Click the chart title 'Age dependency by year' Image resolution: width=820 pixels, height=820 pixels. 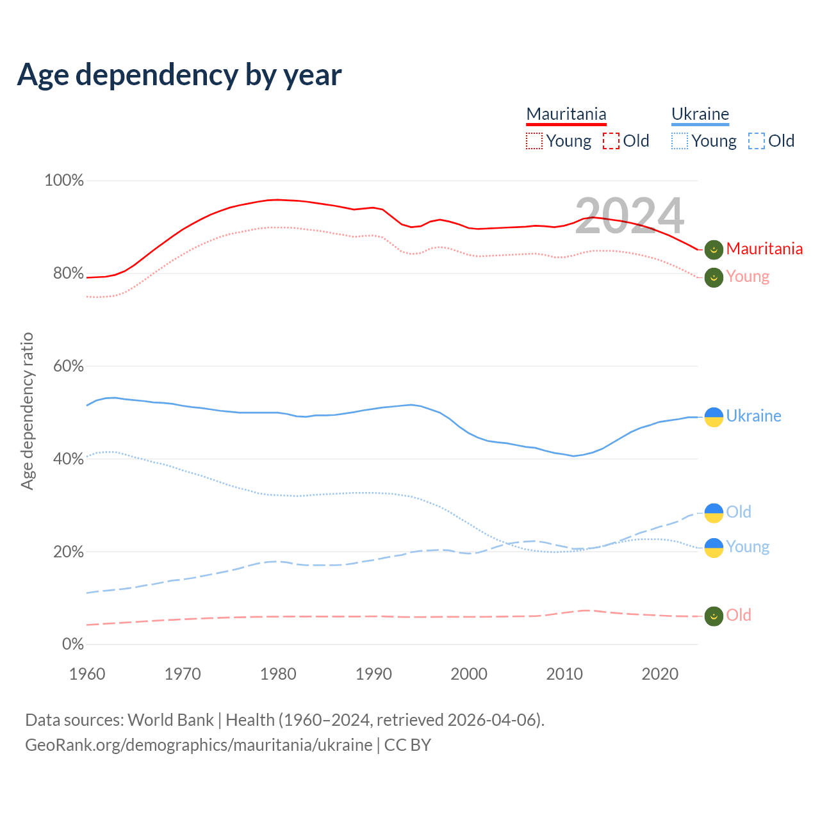(179, 75)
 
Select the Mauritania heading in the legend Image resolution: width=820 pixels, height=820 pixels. (566, 114)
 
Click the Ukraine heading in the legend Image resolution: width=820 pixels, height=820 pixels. (700, 114)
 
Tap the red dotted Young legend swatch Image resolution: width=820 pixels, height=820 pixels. (534, 141)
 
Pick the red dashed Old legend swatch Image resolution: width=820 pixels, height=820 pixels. (611, 141)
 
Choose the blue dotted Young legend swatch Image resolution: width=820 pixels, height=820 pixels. (680, 141)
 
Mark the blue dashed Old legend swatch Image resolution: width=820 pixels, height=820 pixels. (757, 141)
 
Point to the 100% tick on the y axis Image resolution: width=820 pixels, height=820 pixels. (64, 181)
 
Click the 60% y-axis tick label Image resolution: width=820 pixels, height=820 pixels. (68, 366)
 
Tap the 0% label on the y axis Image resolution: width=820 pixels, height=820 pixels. (73, 644)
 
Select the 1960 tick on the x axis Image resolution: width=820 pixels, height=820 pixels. (87, 674)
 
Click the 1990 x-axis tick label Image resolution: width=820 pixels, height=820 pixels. (373, 674)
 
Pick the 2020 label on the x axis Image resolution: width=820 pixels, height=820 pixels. (660, 674)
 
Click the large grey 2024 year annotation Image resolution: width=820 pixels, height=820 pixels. (629, 216)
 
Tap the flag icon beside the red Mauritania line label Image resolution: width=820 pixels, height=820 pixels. (714, 249)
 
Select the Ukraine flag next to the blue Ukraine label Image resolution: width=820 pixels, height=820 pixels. (714, 416)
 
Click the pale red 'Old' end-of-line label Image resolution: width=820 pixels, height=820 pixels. (739, 616)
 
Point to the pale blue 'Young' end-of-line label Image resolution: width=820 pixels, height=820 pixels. (748, 547)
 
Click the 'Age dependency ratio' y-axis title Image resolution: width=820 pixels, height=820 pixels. (27, 411)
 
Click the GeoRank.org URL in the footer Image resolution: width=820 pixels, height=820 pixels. (199, 745)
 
